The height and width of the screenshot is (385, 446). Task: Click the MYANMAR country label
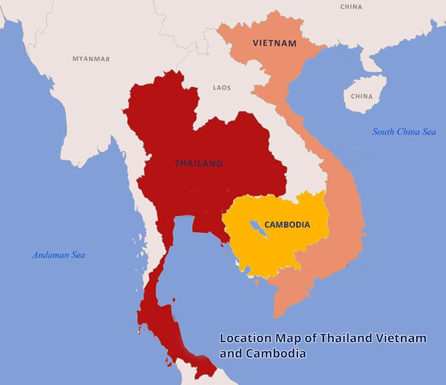(90, 59)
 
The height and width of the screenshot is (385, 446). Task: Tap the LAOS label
(222, 87)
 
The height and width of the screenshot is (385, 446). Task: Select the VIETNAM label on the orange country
(275, 43)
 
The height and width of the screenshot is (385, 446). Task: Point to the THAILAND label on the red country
(199, 163)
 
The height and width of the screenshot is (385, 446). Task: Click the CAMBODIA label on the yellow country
(287, 224)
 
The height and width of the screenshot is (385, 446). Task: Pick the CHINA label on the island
(361, 96)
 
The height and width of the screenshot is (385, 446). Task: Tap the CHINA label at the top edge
(351, 7)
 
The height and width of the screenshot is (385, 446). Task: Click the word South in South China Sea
(384, 132)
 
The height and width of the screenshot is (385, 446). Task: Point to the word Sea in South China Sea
(429, 132)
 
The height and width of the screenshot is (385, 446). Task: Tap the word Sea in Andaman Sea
(78, 255)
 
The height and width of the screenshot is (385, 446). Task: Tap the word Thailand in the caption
(345, 338)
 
